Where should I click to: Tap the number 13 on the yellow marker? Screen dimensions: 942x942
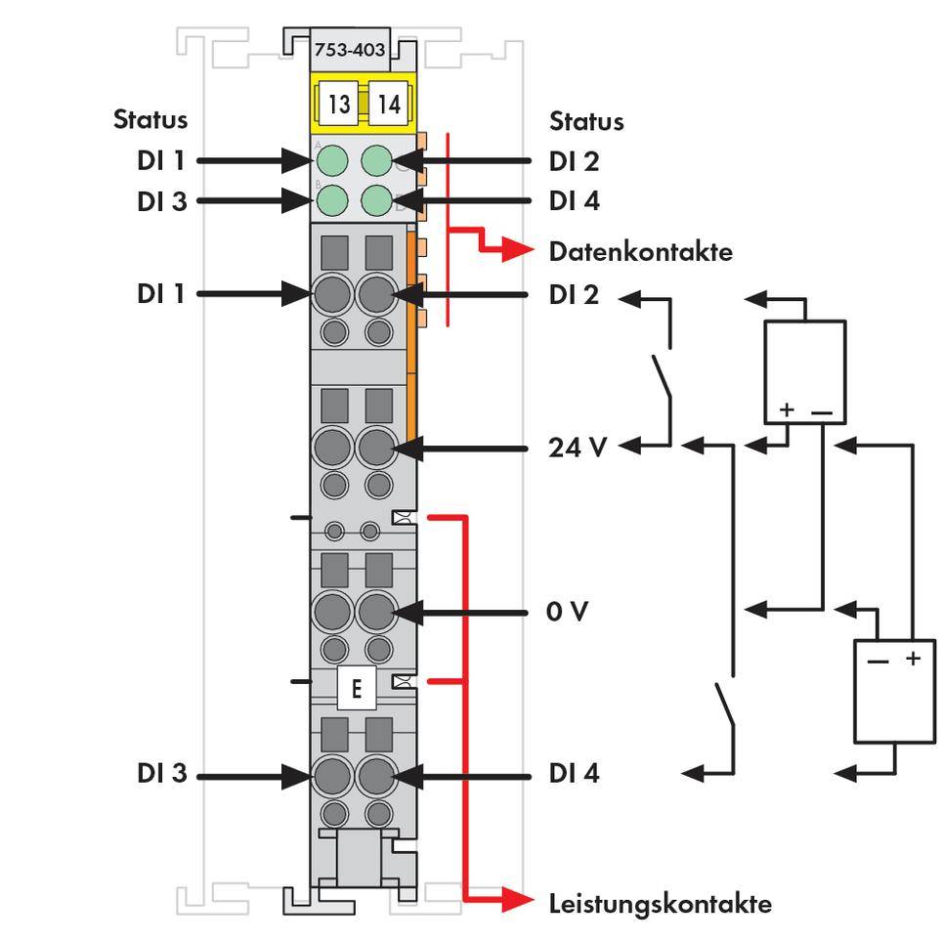point(338,104)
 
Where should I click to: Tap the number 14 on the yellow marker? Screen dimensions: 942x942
point(388,104)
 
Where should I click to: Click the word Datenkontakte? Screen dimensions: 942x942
point(640,251)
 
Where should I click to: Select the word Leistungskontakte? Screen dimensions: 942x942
point(660,903)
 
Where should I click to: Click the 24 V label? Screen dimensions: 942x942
point(578,448)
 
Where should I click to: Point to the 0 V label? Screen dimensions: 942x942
point(568,612)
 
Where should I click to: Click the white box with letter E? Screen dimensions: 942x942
point(356,689)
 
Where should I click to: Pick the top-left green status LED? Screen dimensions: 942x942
point(334,160)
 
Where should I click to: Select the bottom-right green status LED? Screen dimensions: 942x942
point(377,201)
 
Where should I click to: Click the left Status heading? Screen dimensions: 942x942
point(150,119)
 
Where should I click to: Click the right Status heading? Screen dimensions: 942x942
point(586,121)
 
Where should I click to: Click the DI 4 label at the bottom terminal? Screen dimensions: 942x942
point(575,774)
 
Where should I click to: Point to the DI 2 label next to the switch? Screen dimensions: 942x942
point(575,293)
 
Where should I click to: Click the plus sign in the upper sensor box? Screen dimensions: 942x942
point(788,408)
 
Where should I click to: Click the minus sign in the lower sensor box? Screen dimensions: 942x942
point(878,660)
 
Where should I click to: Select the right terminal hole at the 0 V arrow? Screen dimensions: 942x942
point(374,613)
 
